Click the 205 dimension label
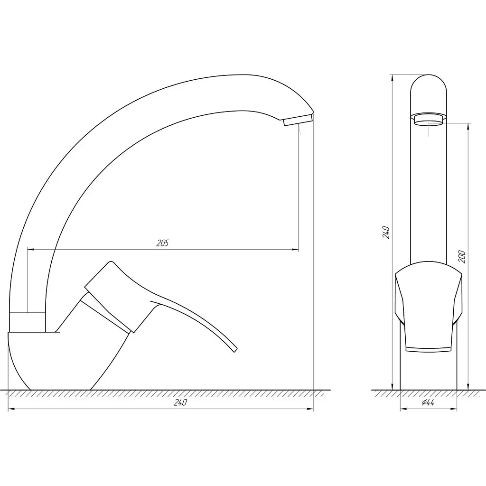(x=162, y=243)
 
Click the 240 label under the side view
(x=180, y=402)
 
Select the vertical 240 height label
(x=386, y=232)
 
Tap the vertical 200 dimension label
(x=462, y=257)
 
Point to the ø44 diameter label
(x=428, y=402)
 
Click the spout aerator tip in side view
(x=298, y=120)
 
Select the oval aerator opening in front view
(x=429, y=119)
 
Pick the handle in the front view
(x=429, y=307)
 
